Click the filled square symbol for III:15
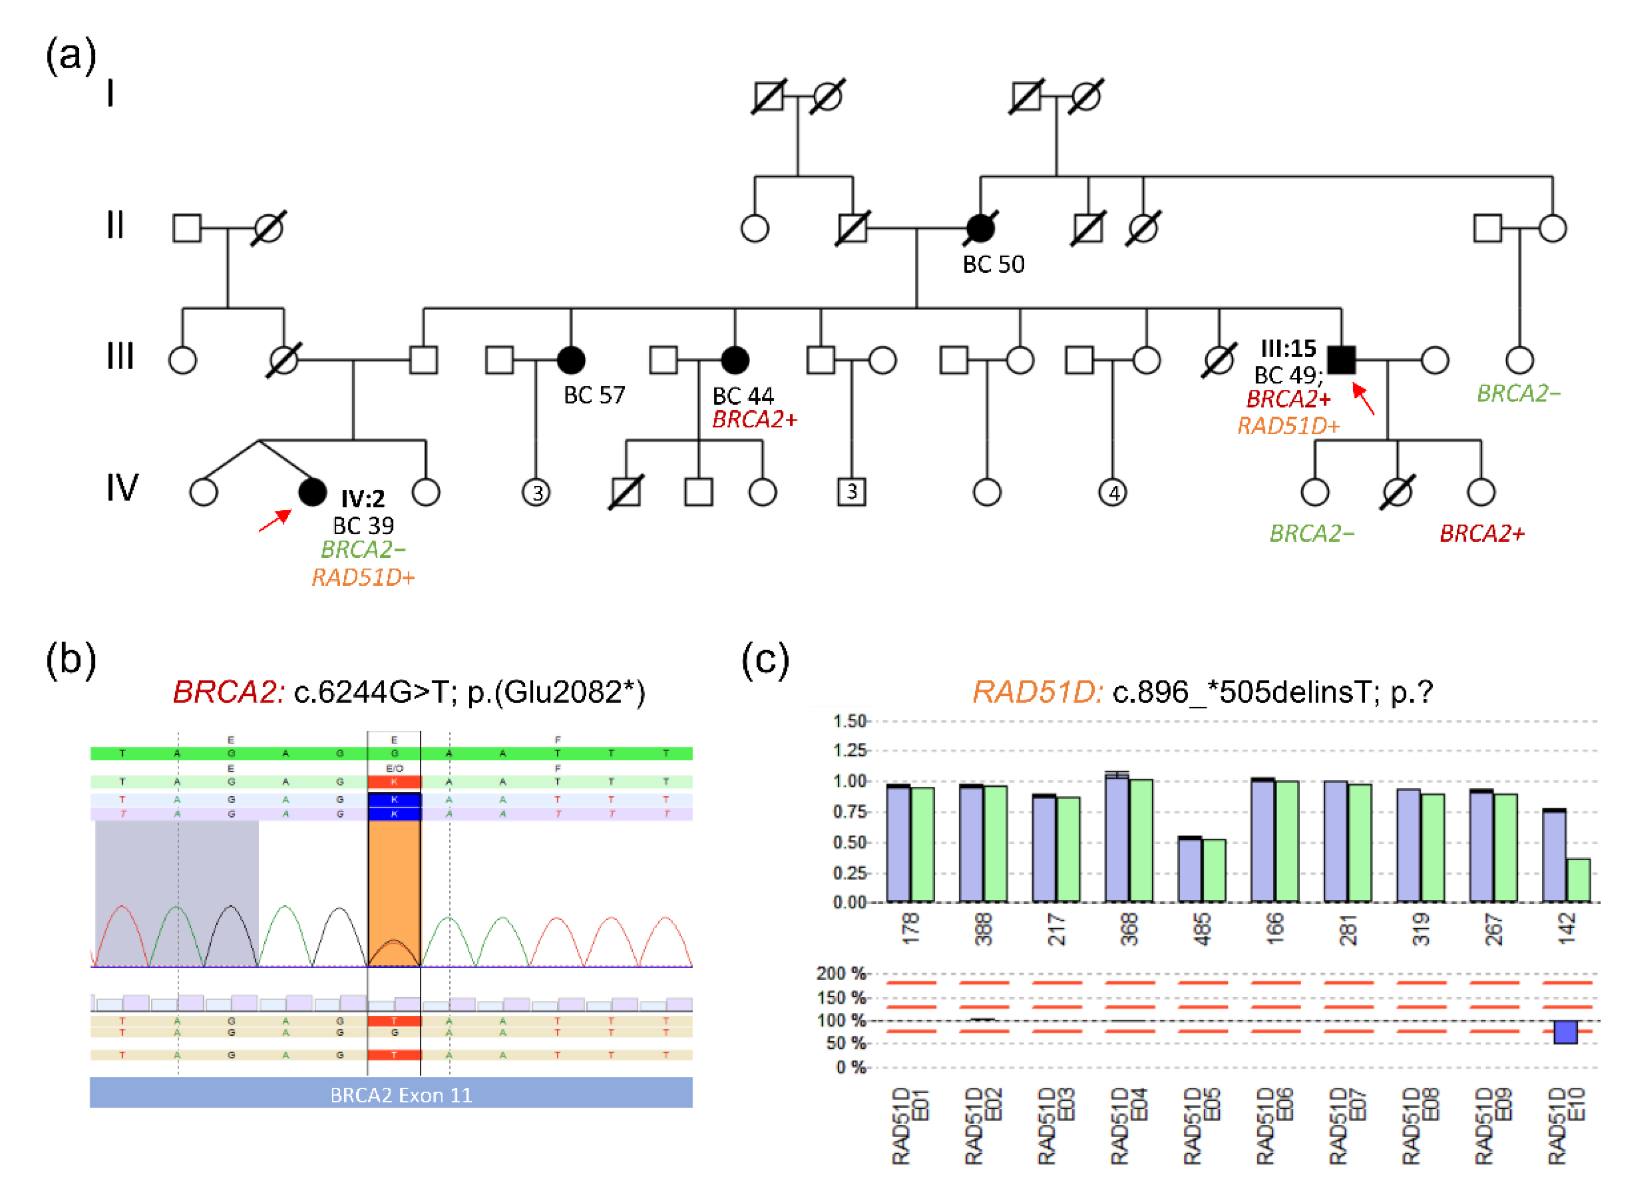point(1341,360)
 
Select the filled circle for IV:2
point(312,492)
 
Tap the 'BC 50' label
point(993,265)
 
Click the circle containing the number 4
point(1113,493)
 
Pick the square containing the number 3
point(851,492)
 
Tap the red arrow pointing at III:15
point(1364,399)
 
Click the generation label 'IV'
point(122,488)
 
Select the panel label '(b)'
point(70,659)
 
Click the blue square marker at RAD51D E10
point(1565,1032)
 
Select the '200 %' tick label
point(841,974)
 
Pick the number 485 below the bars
point(1202,929)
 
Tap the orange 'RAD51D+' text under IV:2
point(364,577)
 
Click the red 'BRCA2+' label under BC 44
point(755,420)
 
